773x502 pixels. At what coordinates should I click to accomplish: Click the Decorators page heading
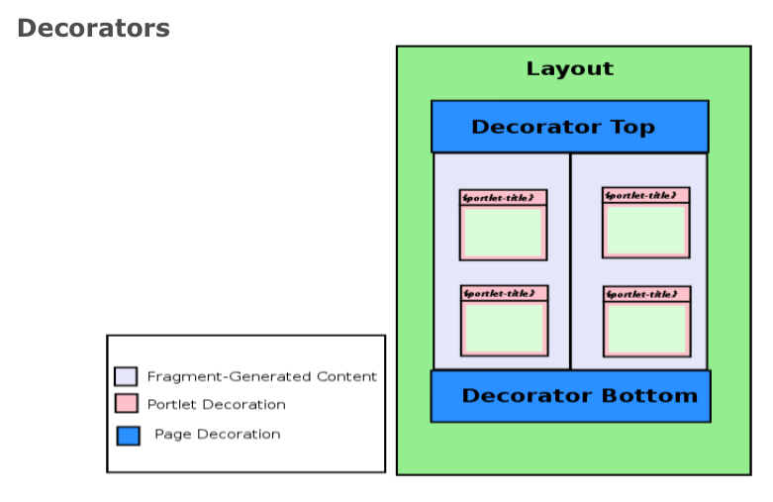93,29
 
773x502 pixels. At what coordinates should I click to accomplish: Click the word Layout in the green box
569,69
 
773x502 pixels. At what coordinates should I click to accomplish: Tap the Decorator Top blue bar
569,127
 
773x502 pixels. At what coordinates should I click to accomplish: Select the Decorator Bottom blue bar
570,396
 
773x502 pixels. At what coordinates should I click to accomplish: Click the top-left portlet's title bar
503,197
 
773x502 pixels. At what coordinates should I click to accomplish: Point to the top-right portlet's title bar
645,195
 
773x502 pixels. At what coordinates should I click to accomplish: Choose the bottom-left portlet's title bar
504,293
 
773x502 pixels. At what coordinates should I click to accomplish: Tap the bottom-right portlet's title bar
646,294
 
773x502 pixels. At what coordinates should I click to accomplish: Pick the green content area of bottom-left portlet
504,328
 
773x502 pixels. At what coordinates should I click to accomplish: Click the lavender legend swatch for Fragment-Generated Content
126,376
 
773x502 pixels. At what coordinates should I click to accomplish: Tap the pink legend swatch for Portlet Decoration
126,404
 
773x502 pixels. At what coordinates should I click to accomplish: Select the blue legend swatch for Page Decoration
128,435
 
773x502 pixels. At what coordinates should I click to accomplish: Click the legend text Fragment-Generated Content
261,376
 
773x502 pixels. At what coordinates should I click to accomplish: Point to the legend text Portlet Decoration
216,404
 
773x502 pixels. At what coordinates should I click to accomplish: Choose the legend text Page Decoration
217,434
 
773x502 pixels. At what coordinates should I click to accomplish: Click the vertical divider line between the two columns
570,261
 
